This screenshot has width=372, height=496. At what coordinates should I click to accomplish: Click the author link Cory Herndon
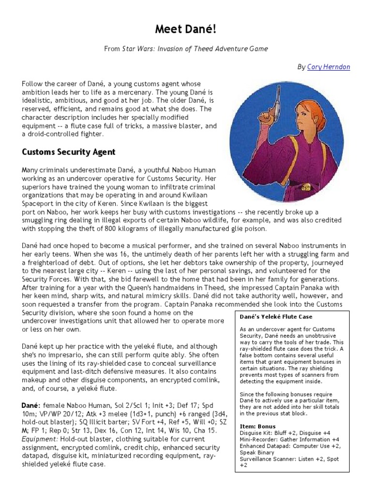[x=328, y=67]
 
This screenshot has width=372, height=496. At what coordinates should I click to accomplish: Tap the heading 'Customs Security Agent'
[x=68, y=152]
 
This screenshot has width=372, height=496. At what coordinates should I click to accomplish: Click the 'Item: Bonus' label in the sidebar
[x=258, y=426]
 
